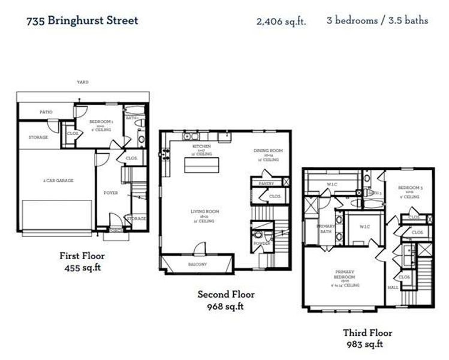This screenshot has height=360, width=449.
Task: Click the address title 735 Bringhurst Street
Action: [82, 20]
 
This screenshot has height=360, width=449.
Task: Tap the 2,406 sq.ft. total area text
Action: [281, 22]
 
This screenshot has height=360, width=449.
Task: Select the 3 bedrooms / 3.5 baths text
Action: [377, 20]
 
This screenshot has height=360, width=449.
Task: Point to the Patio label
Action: [46, 112]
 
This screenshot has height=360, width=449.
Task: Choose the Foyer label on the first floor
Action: [110, 193]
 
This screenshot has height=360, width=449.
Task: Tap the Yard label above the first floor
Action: [82, 82]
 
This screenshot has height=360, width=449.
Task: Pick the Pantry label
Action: [266, 182]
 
